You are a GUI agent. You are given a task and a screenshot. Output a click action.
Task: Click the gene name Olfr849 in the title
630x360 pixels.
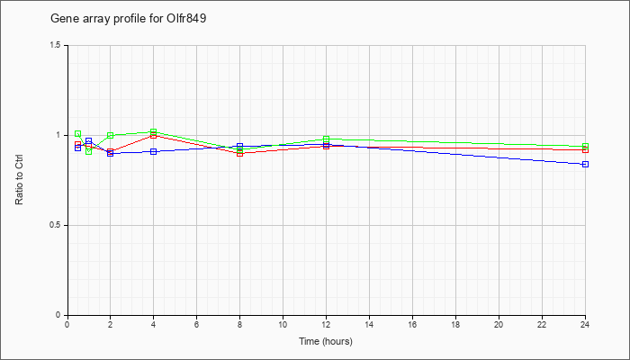pos(186,19)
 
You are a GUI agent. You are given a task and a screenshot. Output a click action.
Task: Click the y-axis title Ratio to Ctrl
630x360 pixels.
pos(19,180)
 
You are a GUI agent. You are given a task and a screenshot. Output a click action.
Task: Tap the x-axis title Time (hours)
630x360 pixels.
pos(326,341)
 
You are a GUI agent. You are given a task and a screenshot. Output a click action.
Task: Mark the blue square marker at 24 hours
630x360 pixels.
pos(585,165)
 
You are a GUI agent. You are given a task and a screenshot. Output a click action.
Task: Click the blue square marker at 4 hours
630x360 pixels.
pos(154,151)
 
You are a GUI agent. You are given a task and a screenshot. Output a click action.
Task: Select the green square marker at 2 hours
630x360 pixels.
pos(110,135)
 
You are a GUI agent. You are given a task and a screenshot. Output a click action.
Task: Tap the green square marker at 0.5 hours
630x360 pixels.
pos(78,134)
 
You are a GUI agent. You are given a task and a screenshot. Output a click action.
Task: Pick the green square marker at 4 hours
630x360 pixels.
pos(154,131)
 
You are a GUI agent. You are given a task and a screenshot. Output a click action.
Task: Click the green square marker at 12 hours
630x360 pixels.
pos(326,139)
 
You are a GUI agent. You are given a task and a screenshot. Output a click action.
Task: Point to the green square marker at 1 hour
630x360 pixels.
pos(89,151)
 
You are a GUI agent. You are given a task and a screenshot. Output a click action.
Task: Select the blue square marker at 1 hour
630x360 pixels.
pos(89,141)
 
